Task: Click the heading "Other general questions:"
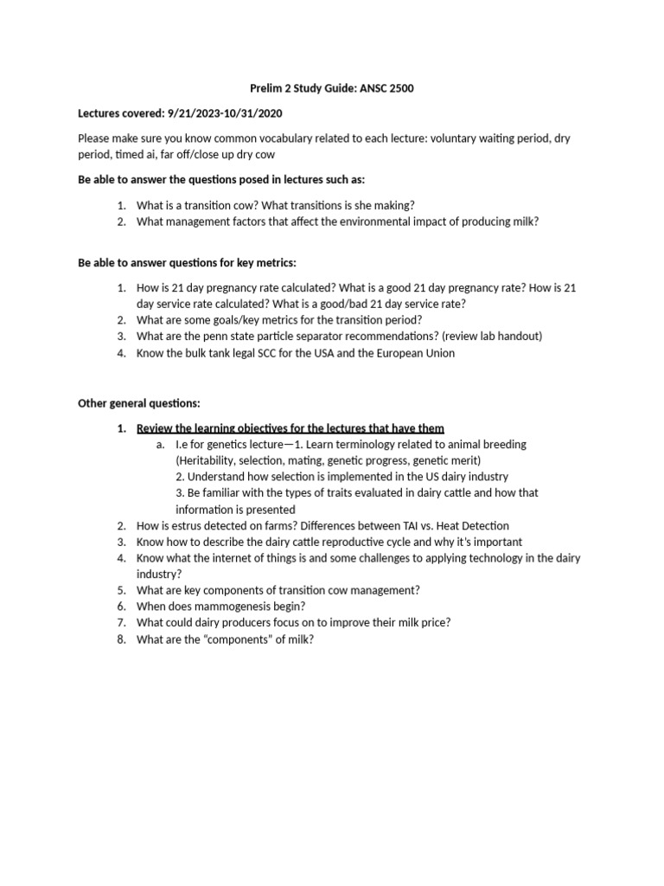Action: coord(138,403)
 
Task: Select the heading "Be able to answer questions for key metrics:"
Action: coord(188,262)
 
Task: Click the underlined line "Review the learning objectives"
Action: coord(290,427)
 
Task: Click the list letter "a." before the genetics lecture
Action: coord(161,444)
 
